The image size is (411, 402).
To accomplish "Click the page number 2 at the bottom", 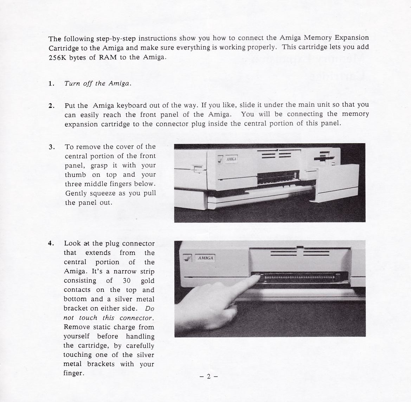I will coord(208,376).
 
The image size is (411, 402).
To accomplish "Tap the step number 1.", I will coord(51,84).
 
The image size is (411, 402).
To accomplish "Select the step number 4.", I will coord(51,243).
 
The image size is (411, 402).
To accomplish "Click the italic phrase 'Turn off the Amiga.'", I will coord(98,84).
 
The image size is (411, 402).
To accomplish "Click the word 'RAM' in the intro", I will coord(108,58).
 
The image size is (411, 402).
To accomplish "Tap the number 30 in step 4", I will coord(127,281).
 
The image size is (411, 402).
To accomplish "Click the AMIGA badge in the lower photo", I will coord(205,258).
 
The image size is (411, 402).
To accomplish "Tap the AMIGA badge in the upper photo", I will coord(231,159).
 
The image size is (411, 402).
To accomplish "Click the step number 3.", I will coord(51,147).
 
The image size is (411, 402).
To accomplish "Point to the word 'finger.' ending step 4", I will coord(73,373).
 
